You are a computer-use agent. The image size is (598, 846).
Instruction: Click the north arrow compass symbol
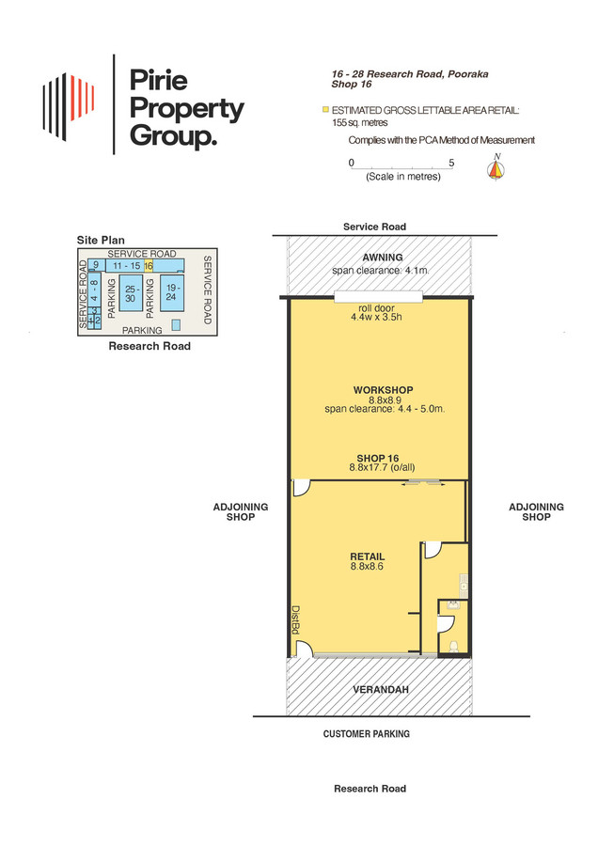coord(496,167)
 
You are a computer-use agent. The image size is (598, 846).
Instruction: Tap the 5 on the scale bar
coord(451,163)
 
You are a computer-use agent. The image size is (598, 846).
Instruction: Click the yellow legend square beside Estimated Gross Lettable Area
coord(325,110)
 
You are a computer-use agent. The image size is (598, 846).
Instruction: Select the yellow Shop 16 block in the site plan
coord(149,265)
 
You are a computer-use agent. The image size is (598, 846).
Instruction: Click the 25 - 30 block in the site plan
coord(131,293)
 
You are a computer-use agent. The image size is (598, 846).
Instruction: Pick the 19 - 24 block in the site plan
coord(172,292)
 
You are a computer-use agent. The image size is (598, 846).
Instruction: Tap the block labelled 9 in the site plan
coord(97,265)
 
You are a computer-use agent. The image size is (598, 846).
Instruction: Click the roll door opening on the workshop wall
coord(378,297)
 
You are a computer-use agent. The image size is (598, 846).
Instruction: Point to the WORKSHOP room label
coord(384,389)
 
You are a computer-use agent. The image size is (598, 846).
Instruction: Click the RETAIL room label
coord(368,556)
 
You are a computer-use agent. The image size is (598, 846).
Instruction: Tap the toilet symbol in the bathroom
coord(454,645)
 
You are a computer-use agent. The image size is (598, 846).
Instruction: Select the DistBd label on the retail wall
coord(296,619)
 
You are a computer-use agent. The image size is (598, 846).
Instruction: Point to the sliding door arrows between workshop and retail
coord(423,484)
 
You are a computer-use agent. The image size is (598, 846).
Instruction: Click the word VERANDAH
coord(381,690)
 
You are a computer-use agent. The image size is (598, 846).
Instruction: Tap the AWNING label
coord(383,258)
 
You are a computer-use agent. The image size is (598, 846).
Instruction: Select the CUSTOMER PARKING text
coord(367,734)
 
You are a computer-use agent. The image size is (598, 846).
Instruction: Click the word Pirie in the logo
coord(159,81)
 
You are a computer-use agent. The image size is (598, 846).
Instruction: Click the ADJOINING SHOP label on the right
coord(537,511)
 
